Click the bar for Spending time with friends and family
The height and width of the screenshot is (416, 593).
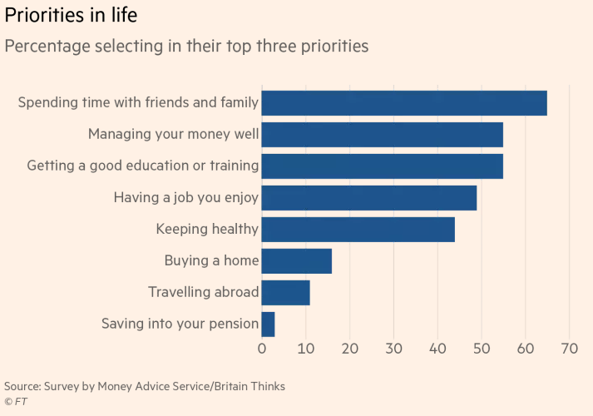404,103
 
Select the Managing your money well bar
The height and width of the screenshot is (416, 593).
383,135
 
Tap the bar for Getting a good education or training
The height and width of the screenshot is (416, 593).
383,166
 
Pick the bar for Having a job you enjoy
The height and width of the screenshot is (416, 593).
369,198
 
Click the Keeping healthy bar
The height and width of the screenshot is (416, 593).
358,230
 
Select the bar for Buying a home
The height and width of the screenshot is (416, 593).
296,261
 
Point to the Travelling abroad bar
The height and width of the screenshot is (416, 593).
285,293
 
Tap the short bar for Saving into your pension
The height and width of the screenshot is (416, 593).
268,324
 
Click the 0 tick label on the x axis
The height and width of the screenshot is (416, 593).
262,349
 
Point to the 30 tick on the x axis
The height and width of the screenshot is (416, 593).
393,349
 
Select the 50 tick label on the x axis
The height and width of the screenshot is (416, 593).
482,349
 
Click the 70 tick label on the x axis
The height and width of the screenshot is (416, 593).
570,349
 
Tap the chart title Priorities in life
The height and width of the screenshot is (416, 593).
71,16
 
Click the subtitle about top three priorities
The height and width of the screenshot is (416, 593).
186,47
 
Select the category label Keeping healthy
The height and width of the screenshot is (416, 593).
207,229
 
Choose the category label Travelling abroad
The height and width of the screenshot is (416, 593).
204,292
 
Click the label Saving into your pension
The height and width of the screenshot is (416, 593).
180,324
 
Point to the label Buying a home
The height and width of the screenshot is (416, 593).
212,261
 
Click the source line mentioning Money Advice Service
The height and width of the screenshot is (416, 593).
145,387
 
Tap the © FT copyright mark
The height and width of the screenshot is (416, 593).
16,402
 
